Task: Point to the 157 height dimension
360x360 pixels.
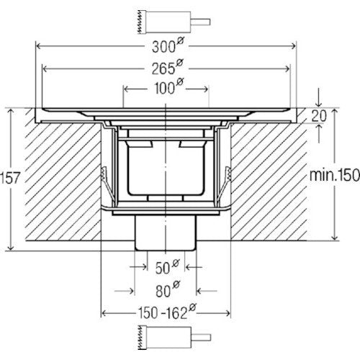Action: tap(9, 178)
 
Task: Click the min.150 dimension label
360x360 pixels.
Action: tap(335, 175)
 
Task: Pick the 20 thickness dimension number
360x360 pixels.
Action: tap(319, 116)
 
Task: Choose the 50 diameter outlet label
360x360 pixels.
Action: tap(167, 266)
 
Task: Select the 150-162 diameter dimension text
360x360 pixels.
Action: tap(167, 312)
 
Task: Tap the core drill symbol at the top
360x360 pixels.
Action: tap(174, 22)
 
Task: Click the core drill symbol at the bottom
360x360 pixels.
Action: tap(174, 338)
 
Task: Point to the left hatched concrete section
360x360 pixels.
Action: tap(63, 181)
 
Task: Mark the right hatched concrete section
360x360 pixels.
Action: tap(269, 181)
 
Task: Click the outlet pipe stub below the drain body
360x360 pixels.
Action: tap(166, 233)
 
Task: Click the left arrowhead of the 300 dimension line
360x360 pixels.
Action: tap(38, 46)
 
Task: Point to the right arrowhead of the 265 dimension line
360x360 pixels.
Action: tap(287, 69)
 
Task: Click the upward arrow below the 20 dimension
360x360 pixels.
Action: tap(319, 133)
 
